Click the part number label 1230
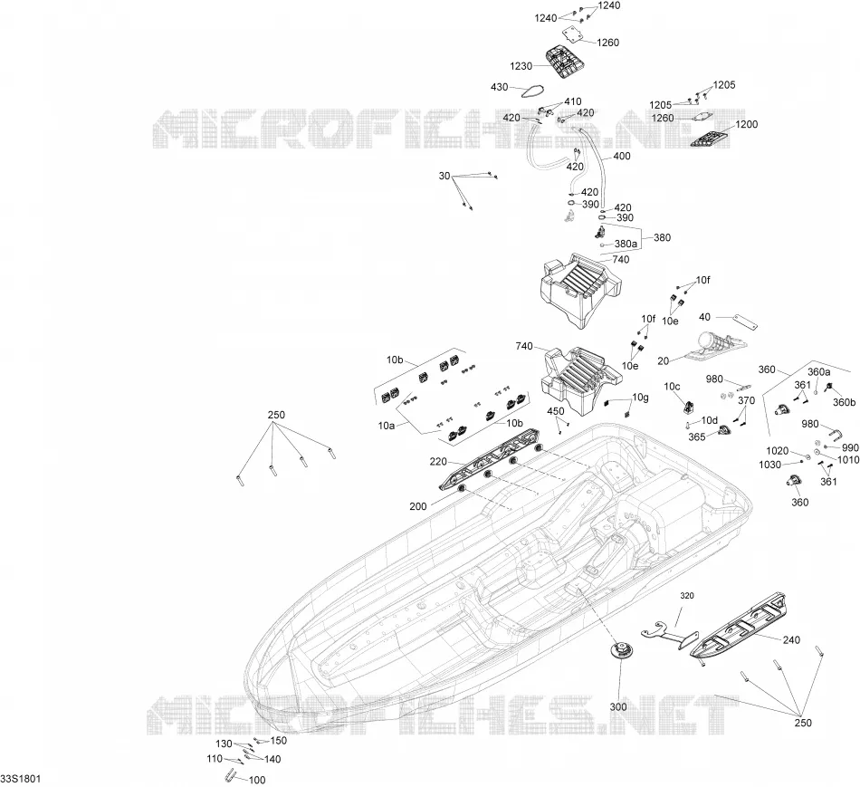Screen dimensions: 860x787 (x=521, y=66)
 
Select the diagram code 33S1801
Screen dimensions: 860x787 (x=20, y=779)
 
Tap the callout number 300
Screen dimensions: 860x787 (x=618, y=707)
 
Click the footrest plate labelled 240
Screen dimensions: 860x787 (x=738, y=626)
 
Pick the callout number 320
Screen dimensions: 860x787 (x=687, y=596)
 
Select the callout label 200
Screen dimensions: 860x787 (x=418, y=506)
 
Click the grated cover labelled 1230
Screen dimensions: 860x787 (x=562, y=62)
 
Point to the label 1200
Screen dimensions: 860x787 (x=746, y=125)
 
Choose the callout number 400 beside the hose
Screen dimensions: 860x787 (x=621, y=156)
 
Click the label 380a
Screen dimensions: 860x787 (x=626, y=244)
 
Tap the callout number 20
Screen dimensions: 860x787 (x=663, y=360)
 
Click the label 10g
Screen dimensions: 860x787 (x=640, y=398)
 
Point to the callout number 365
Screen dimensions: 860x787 (x=696, y=437)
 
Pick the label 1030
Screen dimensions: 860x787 (x=769, y=465)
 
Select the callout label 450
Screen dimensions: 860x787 (x=556, y=411)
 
